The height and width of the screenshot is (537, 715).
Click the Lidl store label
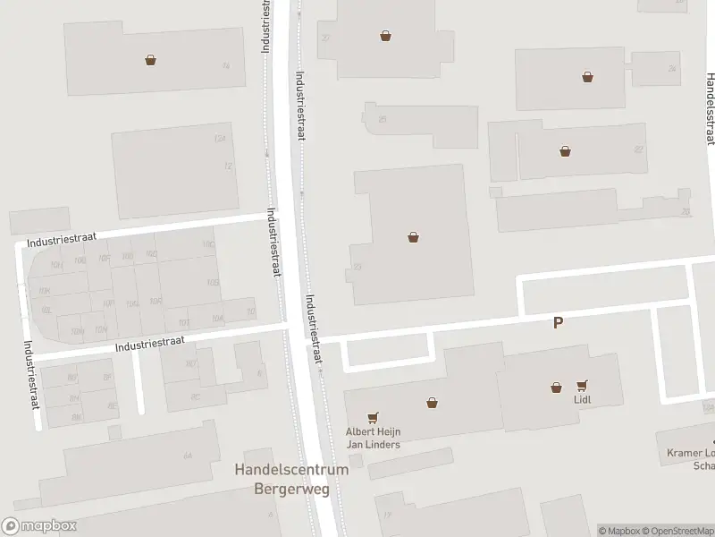click(584, 400)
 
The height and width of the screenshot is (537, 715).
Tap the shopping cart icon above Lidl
click(584, 386)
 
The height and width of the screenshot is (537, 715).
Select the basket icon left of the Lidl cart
click(557, 388)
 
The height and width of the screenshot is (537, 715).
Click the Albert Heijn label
click(373, 431)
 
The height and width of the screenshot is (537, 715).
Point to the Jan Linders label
click(373, 444)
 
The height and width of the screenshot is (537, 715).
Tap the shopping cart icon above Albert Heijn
click(373, 417)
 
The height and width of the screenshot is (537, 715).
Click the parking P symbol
click(559, 323)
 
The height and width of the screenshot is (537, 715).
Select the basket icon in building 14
click(150, 61)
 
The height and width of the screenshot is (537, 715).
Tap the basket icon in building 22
click(565, 150)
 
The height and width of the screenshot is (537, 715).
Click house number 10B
click(212, 283)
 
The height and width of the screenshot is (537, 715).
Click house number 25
click(382, 119)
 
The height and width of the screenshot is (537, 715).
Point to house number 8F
click(106, 379)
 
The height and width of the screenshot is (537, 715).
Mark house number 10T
click(182, 323)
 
